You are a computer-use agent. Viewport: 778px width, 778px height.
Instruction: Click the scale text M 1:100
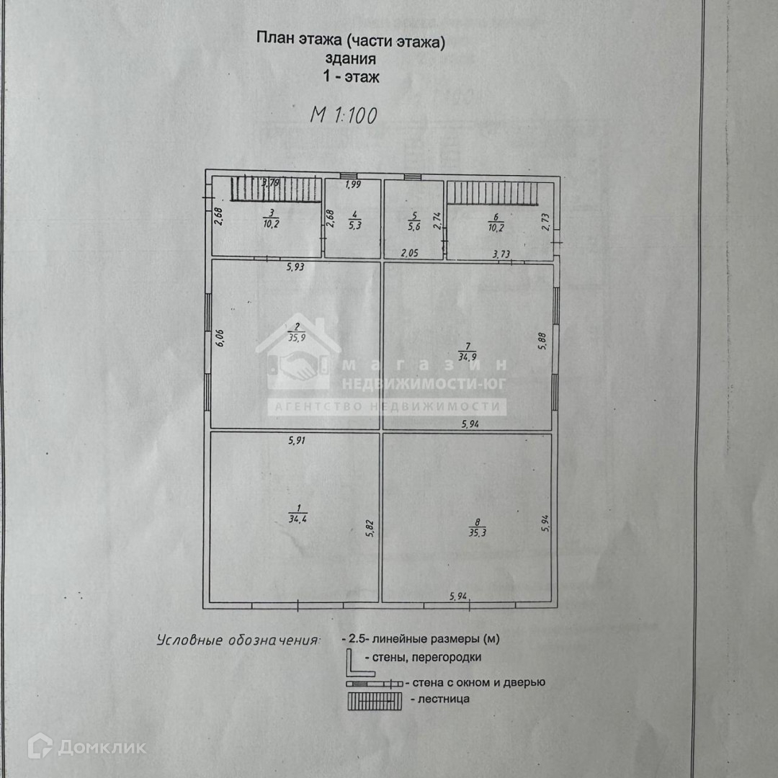(343, 115)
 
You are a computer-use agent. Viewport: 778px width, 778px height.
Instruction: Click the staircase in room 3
(275, 190)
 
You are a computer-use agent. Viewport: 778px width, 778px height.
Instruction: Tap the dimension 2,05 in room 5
(410, 253)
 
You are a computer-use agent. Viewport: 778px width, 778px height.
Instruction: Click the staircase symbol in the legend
(374, 700)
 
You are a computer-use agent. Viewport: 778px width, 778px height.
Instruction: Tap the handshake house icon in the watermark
(298, 357)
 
